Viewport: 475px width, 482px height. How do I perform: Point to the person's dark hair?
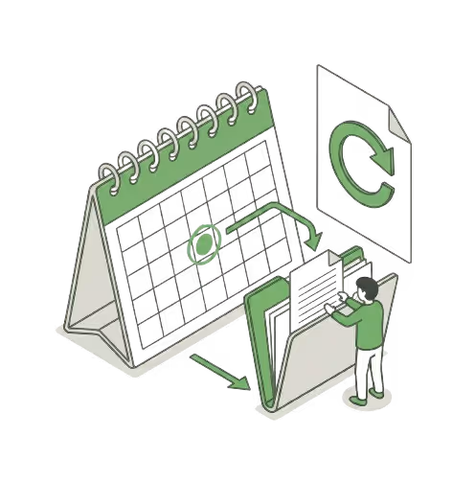tap(366, 288)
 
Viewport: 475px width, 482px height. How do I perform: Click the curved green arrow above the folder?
tap(278, 213)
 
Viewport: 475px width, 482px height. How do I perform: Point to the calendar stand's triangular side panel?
tap(92, 278)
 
